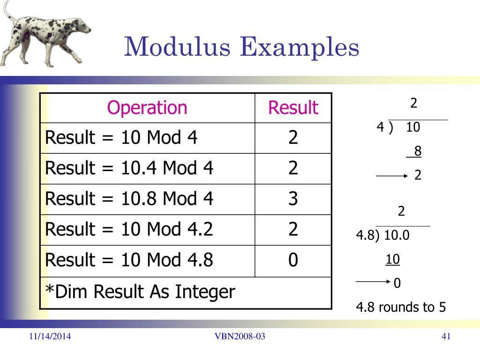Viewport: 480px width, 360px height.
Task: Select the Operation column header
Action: click(147, 108)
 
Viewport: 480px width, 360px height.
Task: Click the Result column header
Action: click(293, 108)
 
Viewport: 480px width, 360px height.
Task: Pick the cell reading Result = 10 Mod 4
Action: click(121, 138)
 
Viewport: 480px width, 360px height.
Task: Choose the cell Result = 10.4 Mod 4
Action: click(129, 168)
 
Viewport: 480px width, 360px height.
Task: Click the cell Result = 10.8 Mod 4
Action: click(129, 199)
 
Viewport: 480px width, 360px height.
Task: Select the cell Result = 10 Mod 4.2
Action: click(129, 229)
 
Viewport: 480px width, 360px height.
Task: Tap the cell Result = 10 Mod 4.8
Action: click(129, 260)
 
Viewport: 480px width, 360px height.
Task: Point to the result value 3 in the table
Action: click(293, 199)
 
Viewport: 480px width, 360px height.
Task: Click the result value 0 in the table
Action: click(293, 260)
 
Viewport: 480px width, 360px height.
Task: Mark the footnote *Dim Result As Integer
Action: click(140, 292)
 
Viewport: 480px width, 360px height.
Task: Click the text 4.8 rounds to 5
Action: click(401, 307)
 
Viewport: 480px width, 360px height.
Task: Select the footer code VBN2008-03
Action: click(240, 336)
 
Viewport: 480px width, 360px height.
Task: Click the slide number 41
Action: click(446, 336)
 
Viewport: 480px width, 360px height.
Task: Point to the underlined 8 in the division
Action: click(417, 151)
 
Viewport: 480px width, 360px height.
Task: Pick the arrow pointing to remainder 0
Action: click(374, 283)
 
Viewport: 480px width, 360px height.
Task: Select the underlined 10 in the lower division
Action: click(393, 259)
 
